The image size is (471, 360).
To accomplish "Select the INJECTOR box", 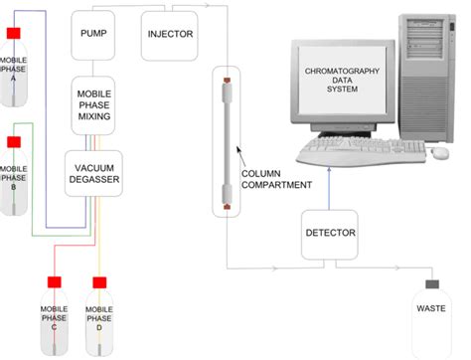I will coord(170,33).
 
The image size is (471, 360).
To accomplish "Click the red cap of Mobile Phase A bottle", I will coord(14,34).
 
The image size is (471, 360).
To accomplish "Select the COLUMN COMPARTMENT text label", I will coord(276,178).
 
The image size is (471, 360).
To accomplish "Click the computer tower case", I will coord(429,75).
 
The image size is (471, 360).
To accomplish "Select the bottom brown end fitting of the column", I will coord(227,208).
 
